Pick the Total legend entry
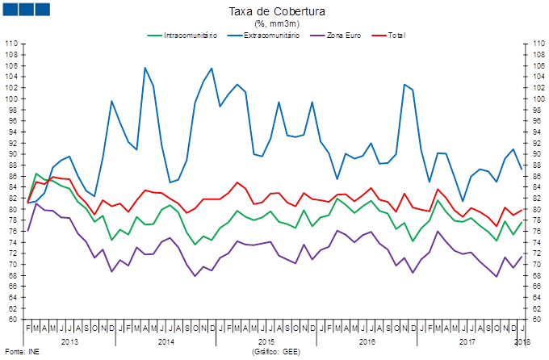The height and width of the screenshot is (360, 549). click(396, 35)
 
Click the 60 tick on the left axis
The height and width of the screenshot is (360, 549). click(13, 320)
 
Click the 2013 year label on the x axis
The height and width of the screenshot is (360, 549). click(69, 342)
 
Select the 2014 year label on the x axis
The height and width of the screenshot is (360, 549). click(166, 342)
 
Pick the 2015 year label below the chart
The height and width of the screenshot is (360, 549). click(266, 342)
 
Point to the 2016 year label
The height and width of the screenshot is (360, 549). click(367, 342)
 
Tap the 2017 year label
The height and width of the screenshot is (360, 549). click(467, 342)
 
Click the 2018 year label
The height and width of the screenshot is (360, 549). click(522, 342)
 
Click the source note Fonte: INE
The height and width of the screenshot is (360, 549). click(22, 353)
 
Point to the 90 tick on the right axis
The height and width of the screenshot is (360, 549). click(534, 154)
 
